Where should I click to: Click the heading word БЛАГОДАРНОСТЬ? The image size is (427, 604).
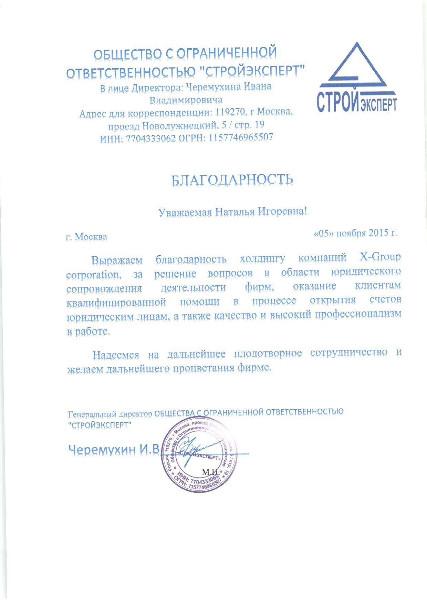point(232,180)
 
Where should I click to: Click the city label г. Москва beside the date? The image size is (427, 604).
point(86,237)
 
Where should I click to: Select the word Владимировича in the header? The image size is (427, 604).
point(186,100)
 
